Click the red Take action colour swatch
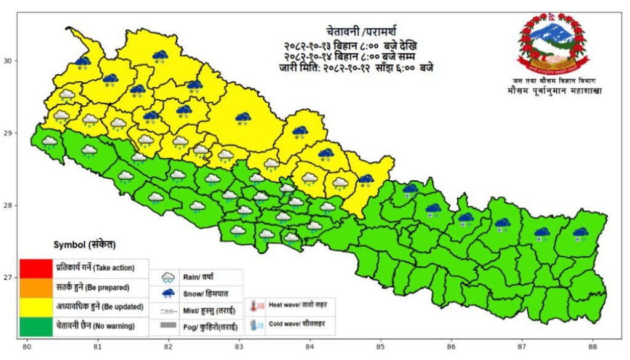click(x=34, y=268)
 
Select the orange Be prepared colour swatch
click(x=34, y=287)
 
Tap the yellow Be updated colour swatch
click(x=34, y=306)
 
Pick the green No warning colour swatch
click(x=34, y=326)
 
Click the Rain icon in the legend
click(x=167, y=278)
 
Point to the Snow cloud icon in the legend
click(x=167, y=294)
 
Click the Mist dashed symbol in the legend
click(x=167, y=310)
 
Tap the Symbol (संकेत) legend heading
click(x=85, y=245)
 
